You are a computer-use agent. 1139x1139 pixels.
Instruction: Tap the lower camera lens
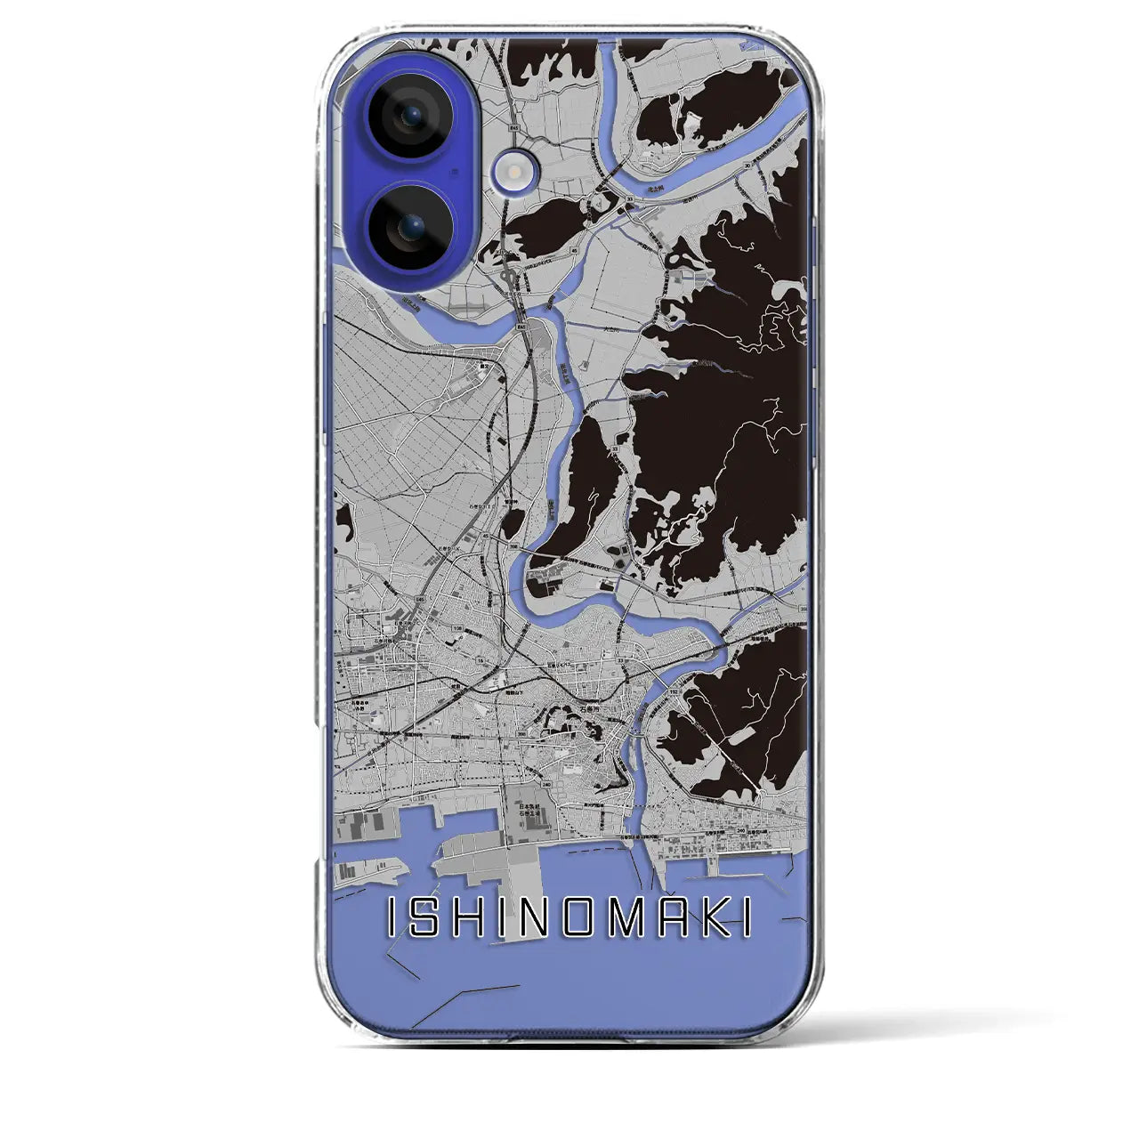pyautogui.click(x=411, y=229)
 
